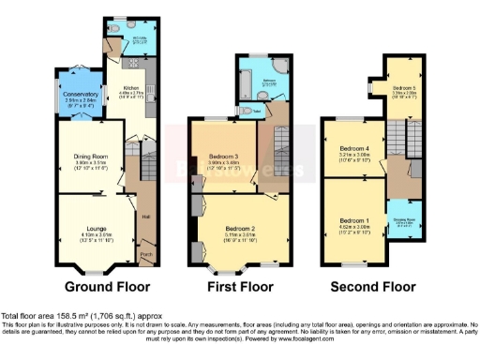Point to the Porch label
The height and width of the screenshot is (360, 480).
[145, 253]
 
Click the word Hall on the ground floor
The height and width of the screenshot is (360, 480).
[145, 216]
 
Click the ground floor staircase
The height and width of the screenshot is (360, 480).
[145, 172]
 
